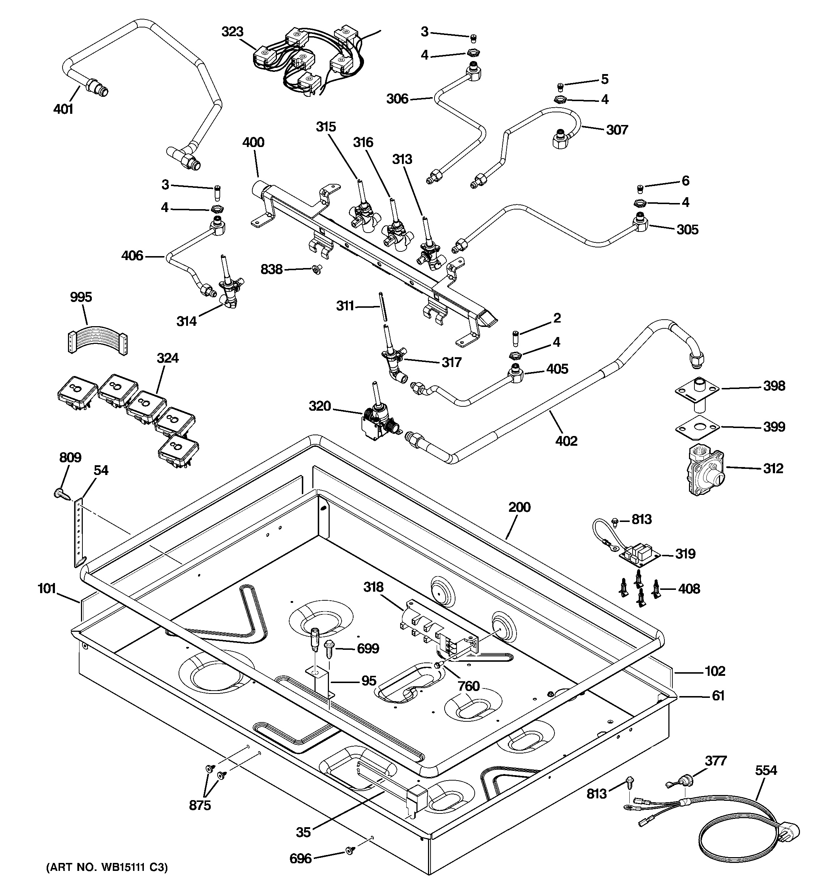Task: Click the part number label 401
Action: (x=63, y=109)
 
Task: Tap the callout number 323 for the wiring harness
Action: (x=232, y=32)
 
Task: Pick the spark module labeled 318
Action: (x=439, y=626)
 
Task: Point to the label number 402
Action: (x=566, y=441)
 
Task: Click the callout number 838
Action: (x=271, y=269)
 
